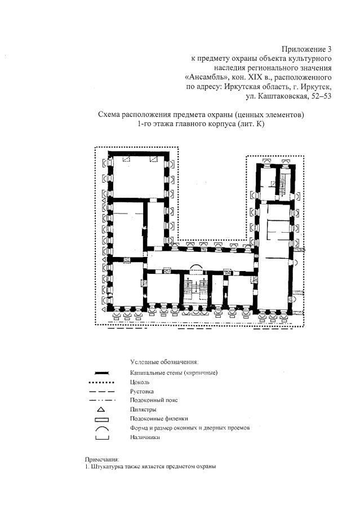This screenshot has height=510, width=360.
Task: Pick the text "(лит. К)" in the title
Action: pyautogui.click(x=251, y=124)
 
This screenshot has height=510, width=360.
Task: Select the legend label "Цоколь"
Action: pyautogui.click(x=139, y=382)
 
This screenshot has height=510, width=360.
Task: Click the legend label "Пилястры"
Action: pyautogui.click(x=143, y=409)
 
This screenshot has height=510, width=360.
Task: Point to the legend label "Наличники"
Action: pyautogui.click(x=145, y=437)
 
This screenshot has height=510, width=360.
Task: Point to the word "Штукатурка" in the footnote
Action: pyautogui.click(x=105, y=466)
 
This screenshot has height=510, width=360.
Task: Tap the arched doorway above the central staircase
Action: pyautogui.click(x=197, y=267)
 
